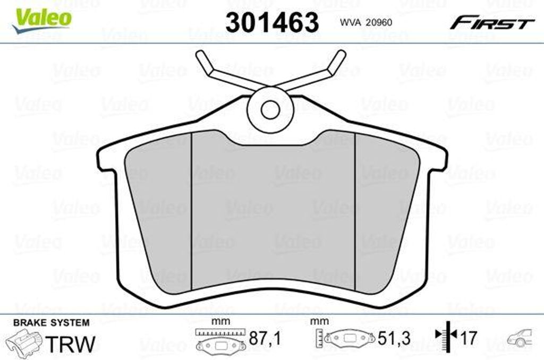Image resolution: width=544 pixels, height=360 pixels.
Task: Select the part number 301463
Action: pos(272,22)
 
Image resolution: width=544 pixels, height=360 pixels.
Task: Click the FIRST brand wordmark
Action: pos(492,23)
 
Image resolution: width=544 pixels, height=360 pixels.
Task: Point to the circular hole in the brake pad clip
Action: pos(270,110)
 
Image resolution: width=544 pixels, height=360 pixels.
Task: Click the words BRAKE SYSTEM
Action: pos(52,322)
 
